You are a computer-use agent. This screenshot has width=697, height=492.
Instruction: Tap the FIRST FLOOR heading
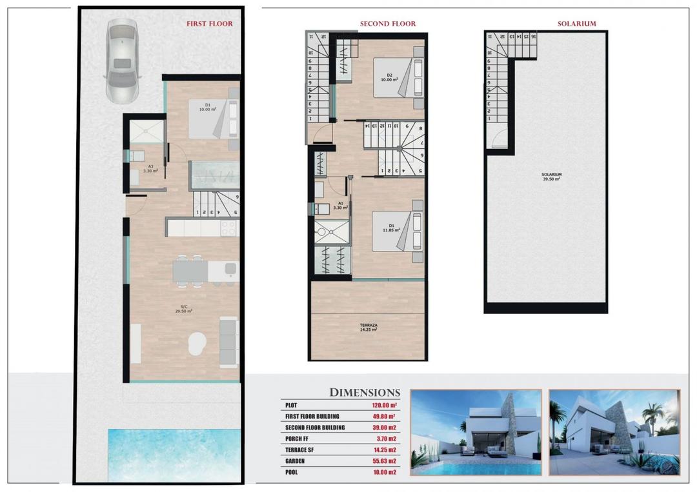pyautogui.click(x=210, y=24)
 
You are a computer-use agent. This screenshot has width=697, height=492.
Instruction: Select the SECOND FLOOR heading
pyautogui.click(x=387, y=24)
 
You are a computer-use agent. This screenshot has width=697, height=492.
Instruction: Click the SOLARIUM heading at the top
pyautogui.click(x=576, y=24)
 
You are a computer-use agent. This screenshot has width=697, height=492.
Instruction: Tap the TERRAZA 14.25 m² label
pyautogui.click(x=368, y=326)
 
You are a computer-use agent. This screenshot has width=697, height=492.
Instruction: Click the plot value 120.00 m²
pyautogui.click(x=384, y=406)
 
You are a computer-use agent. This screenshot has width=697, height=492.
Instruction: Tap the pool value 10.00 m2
pyautogui.click(x=384, y=473)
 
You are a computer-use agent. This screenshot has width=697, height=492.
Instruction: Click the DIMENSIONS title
pyautogui.click(x=365, y=392)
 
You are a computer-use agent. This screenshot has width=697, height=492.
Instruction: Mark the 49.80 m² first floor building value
pyautogui.click(x=384, y=417)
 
